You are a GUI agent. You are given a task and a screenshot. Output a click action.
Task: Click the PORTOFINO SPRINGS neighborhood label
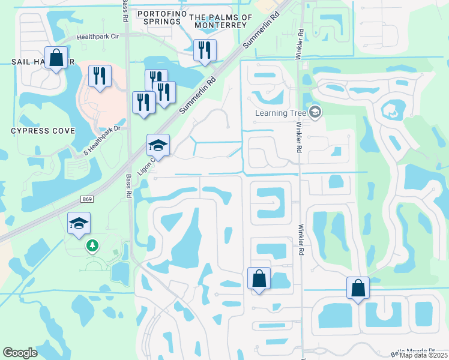(158, 17)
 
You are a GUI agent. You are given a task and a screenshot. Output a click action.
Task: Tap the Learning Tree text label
(281, 112)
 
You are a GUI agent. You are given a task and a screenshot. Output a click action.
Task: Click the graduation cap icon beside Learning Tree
(316, 112)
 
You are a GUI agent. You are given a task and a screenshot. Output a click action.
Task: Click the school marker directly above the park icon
(79, 223)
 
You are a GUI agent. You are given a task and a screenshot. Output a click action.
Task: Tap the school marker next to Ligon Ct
(158, 145)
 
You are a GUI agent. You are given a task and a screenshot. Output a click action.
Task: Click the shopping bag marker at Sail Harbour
(56, 58)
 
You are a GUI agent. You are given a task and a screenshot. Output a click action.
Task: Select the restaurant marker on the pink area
(100, 76)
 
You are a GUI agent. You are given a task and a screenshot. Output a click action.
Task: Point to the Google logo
(20, 353)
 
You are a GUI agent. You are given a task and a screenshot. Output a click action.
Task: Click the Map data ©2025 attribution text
(423, 355)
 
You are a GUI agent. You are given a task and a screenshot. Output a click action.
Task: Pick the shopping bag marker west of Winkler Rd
(259, 278)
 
